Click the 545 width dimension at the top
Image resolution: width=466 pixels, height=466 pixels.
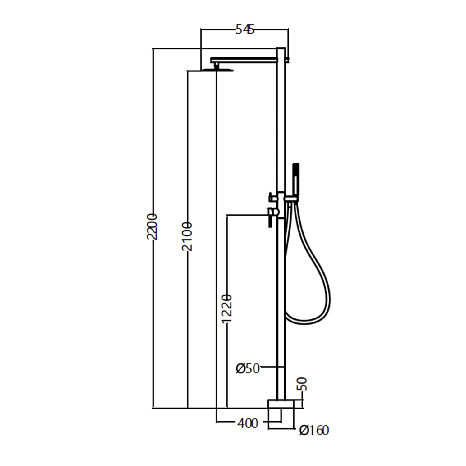pyautogui.click(x=245, y=30)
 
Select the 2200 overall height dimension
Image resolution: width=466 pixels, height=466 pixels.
pyautogui.click(x=152, y=226)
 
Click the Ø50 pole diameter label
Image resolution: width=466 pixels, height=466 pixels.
pyautogui.click(x=248, y=368)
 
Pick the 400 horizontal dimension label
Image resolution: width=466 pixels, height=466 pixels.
pyautogui.click(x=248, y=423)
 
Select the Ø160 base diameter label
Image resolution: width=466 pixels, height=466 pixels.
pyautogui.click(x=314, y=431)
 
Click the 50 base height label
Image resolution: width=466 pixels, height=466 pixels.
pyautogui.click(x=302, y=384)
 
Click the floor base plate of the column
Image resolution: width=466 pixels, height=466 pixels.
pyautogui.click(x=281, y=404)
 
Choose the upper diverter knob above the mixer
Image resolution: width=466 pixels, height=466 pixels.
pyautogui.click(x=272, y=197)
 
